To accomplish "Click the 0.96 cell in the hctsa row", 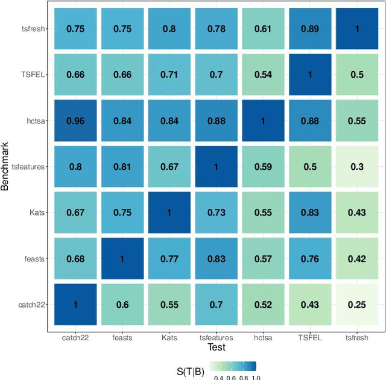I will pyautogui.click(x=76, y=121).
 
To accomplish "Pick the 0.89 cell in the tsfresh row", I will pyautogui.click(x=311, y=29).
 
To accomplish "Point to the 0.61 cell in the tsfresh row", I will pyautogui.click(x=264, y=29).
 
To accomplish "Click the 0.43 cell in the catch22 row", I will pyautogui.click(x=311, y=305).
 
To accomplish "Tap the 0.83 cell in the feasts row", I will pyautogui.click(x=217, y=259).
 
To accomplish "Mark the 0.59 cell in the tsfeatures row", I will pyautogui.click(x=264, y=167).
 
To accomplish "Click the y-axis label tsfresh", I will pyautogui.click(x=32, y=29).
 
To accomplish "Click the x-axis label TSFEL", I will pyautogui.click(x=311, y=338).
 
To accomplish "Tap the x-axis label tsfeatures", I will pyautogui.click(x=217, y=338).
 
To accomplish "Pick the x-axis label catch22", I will pyautogui.click(x=76, y=338).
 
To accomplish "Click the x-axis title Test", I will pyautogui.click(x=216, y=348).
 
